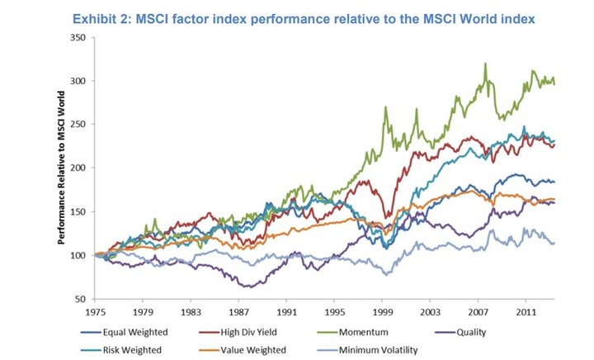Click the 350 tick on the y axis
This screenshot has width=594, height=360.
point(79,38)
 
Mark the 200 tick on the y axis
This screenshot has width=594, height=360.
point(79,168)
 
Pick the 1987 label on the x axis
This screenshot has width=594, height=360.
point(238,313)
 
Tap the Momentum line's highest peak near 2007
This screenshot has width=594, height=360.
point(485,64)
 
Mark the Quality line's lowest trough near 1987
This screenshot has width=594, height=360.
point(245,287)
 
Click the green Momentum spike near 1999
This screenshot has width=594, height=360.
point(385,107)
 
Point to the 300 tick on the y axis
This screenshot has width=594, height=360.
point(79,82)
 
